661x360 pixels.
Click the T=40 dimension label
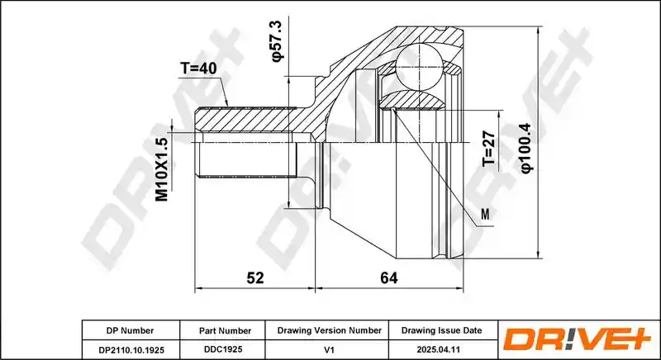198,68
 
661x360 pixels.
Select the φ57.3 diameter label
278,41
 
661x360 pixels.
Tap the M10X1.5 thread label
162,169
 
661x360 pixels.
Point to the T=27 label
488,148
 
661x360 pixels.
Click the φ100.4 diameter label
527,148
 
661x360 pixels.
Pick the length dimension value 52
255,277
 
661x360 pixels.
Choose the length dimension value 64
388,277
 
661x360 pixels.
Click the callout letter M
486,215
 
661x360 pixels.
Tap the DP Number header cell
130,330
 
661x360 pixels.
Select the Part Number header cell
225,331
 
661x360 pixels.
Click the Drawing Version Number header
329,330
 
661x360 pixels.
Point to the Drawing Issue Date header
441,330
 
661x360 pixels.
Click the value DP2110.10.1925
131,350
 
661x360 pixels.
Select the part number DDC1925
225,349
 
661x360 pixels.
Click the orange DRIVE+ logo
578,339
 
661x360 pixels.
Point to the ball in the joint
420,67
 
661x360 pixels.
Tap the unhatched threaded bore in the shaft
249,159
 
